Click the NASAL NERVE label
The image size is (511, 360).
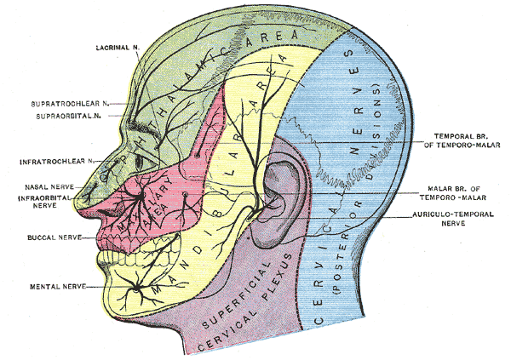[49, 185]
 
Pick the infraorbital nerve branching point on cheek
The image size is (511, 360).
[137, 199]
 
